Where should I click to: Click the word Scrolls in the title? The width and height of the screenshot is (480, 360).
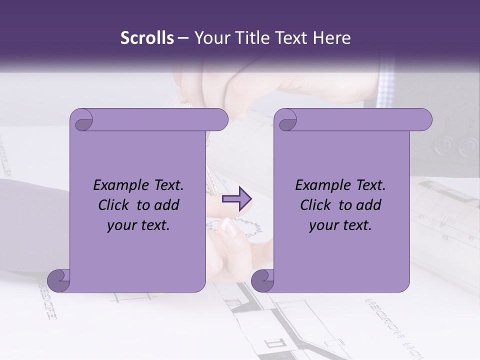click(x=147, y=38)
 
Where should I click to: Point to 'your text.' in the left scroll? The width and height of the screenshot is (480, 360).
click(x=138, y=225)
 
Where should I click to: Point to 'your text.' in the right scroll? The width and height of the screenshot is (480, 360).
click(x=340, y=225)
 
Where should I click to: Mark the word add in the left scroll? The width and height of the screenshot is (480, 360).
click(x=167, y=205)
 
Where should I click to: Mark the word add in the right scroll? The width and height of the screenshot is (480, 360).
click(x=369, y=205)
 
